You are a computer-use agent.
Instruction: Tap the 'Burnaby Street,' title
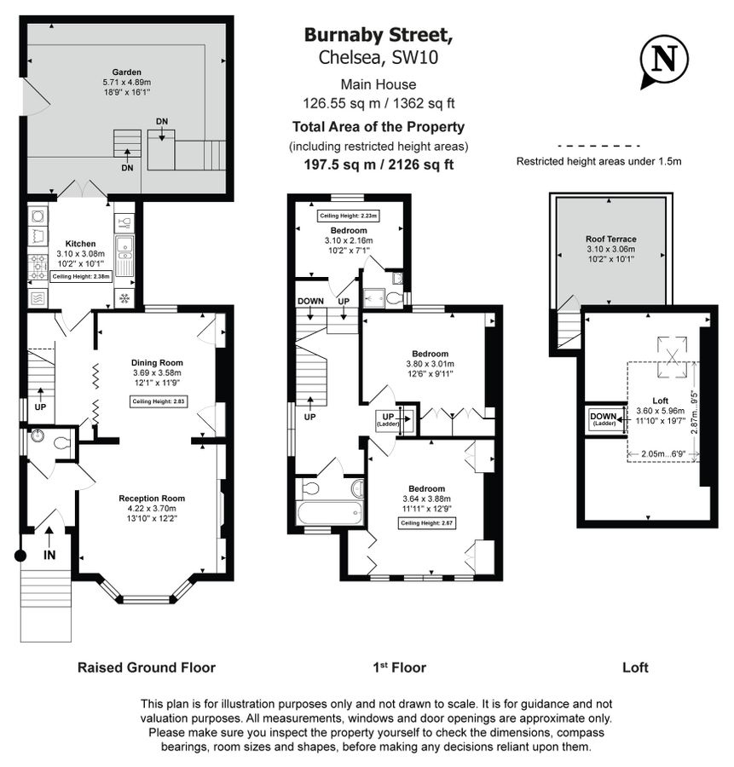pyautogui.click(x=379, y=35)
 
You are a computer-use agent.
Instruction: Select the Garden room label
pyautogui.click(x=126, y=72)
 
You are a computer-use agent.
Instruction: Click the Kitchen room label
pyautogui.click(x=79, y=243)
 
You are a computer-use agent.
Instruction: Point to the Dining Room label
pyautogui.click(x=157, y=361)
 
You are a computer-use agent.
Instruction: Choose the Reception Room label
pyautogui.click(x=152, y=499)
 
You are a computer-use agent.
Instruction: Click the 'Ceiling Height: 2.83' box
pyautogui.click(x=158, y=401)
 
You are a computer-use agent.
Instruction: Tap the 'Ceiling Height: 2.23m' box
pyautogui.click(x=349, y=216)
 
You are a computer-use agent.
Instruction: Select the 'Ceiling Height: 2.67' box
pyautogui.click(x=427, y=523)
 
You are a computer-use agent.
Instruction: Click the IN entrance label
pyautogui.click(x=49, y=555)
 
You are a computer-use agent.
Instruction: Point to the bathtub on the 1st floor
pyautogui.click(x=330, y=514)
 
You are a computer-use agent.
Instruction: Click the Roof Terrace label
pyautogui.click(x=610, y=239)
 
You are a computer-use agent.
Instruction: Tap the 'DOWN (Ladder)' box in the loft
pyautogui.click(x=603, y=419)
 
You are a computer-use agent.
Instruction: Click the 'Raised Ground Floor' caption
pyautogui.click(x=147, y=667)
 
